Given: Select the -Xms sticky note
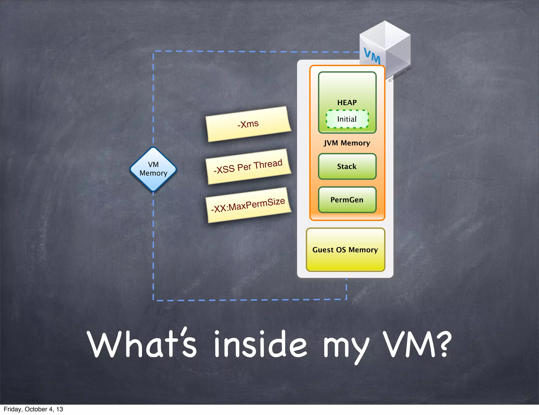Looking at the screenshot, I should click(x=248, y=124).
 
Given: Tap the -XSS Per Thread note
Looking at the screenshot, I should click(x=248, y=166).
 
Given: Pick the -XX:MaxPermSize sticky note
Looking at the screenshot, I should click(x=248, y=205).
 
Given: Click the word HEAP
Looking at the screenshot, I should click(x=347, y=102).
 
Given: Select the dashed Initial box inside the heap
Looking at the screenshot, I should click(x=347, y=119).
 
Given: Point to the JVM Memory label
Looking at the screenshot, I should click(x=347, y=143).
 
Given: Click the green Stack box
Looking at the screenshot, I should click(x=347, y=166).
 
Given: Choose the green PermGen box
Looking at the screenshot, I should click(x=347, y=200).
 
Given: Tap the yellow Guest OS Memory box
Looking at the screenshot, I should click(x=345, y=250).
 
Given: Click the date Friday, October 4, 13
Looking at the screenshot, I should click(x=33, y=409).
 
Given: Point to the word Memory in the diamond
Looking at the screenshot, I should click(x=153, y=173).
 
